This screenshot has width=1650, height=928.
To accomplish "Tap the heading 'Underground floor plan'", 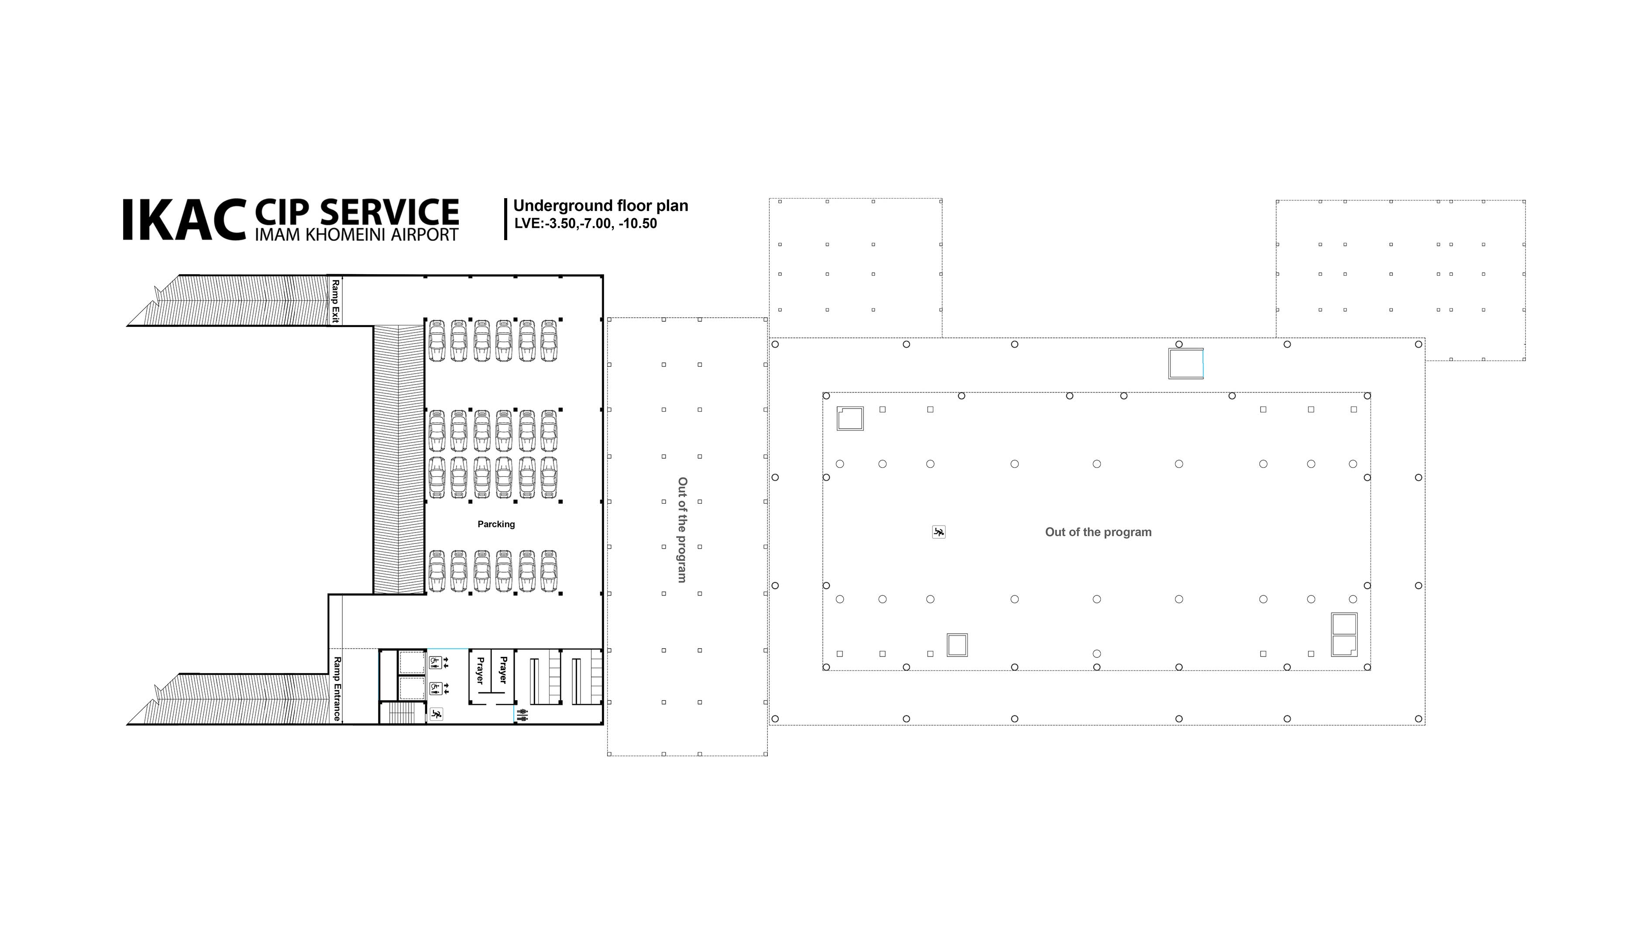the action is pyautogui.click(x=601, y=206).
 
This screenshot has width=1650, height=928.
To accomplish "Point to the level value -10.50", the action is pyautogui.click(x=638, y=223).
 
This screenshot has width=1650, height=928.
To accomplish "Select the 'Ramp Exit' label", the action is pyautogui.click(x=335, y=301).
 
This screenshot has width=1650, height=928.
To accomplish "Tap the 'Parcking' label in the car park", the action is pyautogui.click(x=496, y=524).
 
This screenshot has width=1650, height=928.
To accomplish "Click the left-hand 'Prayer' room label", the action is pyautogui.click(x=480, y=670).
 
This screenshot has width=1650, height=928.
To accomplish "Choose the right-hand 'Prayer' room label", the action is pyautogui.click(x=503, y=670).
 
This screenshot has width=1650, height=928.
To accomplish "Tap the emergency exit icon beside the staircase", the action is pyautogui.click(x=436, y=713).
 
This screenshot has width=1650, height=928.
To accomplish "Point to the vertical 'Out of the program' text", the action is pyautogui.click(x=683, y=529).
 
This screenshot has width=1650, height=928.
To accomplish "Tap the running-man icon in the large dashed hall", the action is pyautogui.click(x=939, y=532).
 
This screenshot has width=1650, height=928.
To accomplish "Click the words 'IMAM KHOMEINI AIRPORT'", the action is pyautogui.click(x=357, y=234).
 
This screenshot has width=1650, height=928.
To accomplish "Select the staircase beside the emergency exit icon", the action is pyautogui.click(x=403, y=713).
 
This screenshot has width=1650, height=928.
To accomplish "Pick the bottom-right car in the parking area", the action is pyautogui.click(x=549, y=571).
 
